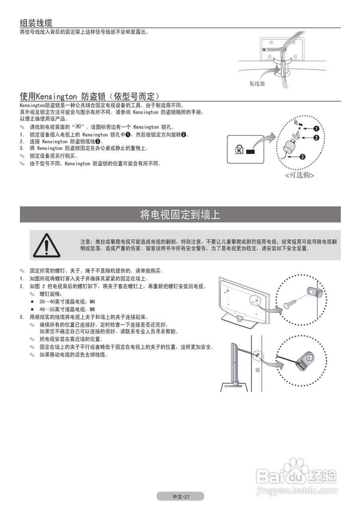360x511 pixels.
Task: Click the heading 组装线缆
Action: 36,22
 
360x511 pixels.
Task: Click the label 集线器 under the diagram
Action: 257,84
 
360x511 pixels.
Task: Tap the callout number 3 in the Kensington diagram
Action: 302,157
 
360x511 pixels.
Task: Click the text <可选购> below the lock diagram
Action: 299,175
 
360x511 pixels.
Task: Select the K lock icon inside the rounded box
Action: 239,151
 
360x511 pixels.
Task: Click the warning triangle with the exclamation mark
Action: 47,245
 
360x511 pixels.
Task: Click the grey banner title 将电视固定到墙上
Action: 180,215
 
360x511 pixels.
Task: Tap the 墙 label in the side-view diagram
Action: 258,370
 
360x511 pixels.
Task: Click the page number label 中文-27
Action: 180,497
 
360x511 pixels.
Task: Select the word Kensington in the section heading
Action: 56,96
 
